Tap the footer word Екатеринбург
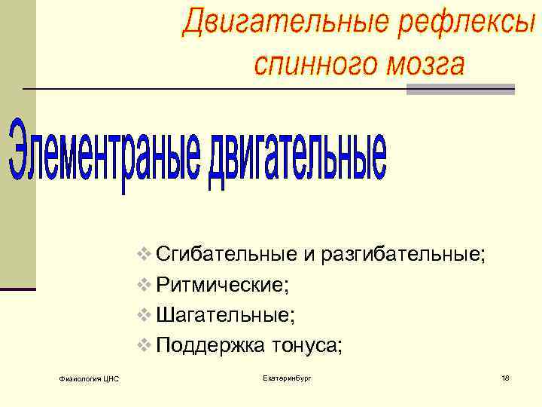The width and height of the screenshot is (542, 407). pyautogui.click(x=287, y=377)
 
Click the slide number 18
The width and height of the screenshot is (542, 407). pyautogui.click(x=504, y=377)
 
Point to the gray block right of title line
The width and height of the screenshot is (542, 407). pyautogui.click(x=460, y=89)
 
